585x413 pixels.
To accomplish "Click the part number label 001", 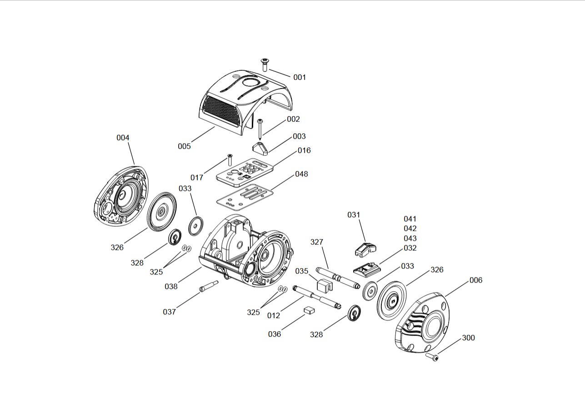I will click(x=299, y=77).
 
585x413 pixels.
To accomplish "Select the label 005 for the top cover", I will click(x=184, y=146).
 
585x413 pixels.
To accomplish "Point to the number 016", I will click(x=304, y=150).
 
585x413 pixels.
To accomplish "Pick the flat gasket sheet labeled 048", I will click(x=244, y=194).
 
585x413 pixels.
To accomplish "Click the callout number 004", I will click(x=123, y=138).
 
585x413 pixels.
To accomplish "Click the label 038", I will click(x=171, y=286).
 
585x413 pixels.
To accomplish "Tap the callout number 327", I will click(x=317, y=242).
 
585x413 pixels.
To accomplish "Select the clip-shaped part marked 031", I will click(x=365, y=248).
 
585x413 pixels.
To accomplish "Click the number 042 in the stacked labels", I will click(x=410, y=229).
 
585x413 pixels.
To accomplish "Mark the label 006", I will click(x=475, y=280).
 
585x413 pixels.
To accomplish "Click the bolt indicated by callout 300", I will click(x=433, y=358).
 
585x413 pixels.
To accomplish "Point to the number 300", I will click(x=468, y=338).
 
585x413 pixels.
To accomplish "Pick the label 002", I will click(x=293, y=119).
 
